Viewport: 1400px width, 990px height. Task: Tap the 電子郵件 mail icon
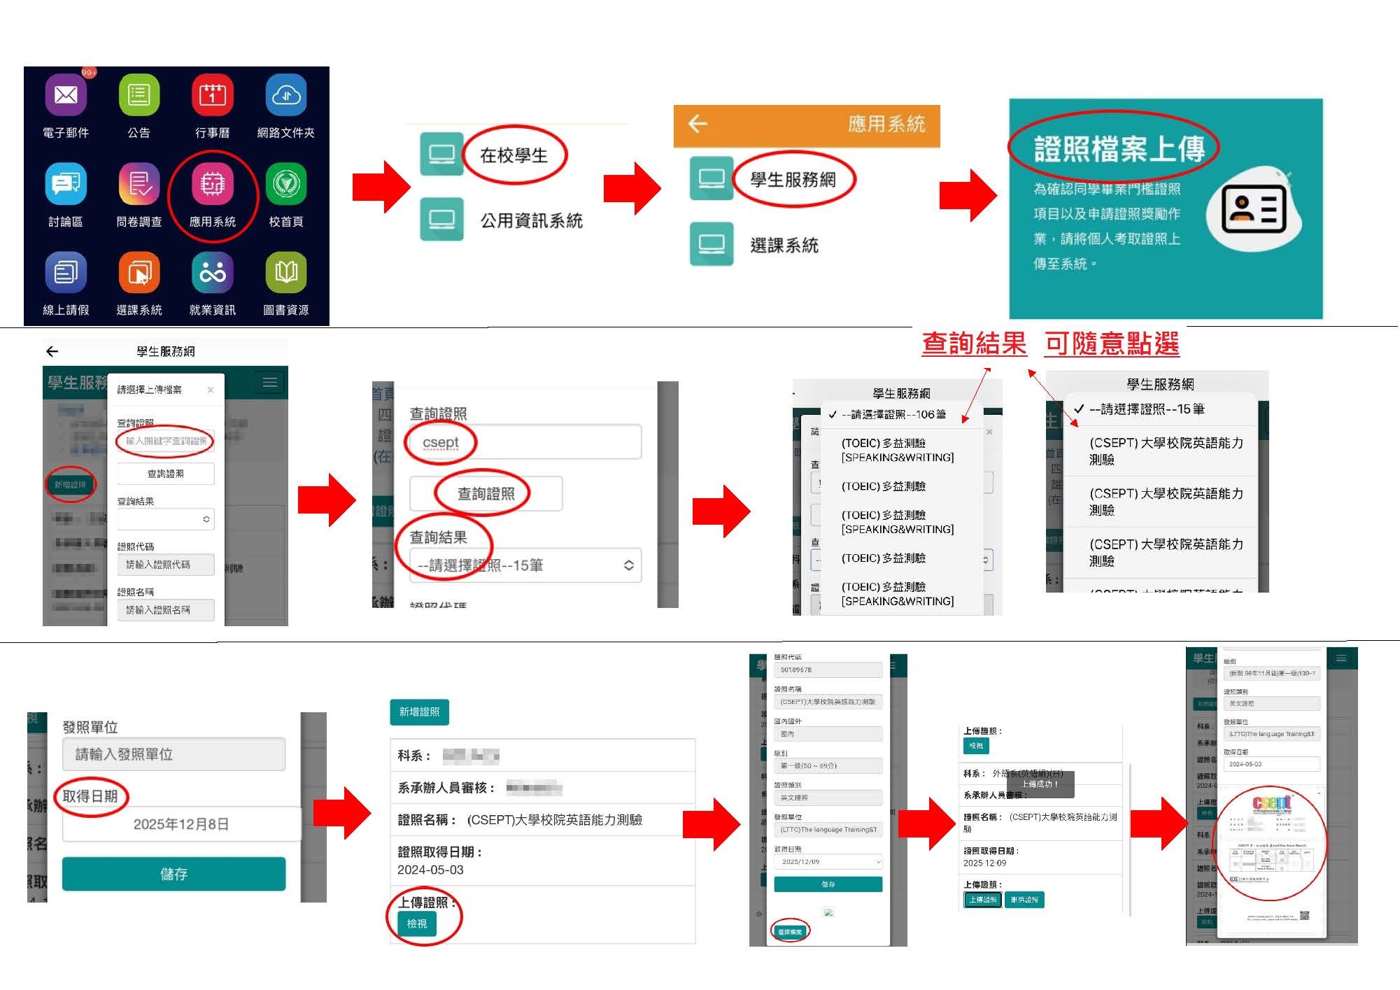point(66,95)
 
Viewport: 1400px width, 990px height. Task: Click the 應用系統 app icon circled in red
point(212,184)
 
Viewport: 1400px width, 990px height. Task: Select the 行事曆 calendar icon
point(212,95)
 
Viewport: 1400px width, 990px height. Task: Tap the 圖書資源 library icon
point(285,272)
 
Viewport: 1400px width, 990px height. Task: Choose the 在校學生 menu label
point(514,155)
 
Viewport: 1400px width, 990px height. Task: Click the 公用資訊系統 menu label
point(531,221)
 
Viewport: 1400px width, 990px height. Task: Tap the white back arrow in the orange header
point(698,124)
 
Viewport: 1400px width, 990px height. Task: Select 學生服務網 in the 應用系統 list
point(793,180)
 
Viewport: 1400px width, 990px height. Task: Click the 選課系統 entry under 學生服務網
point(784,246)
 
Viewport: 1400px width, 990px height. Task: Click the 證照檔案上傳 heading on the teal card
point(1119,149)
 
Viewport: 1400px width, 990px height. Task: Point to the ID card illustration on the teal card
point(1254,210)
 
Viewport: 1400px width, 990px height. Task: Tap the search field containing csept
point(525,443)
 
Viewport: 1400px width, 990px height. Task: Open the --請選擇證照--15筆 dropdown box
point(525,565)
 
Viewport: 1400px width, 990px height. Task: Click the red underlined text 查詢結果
point(973,344)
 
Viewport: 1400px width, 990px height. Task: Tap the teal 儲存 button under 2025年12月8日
point(174,874)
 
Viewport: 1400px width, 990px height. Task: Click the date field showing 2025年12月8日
point(181,824)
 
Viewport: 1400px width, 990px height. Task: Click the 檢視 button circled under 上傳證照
point(417,924)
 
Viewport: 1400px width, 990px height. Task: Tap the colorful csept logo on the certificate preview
point(1271,803)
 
